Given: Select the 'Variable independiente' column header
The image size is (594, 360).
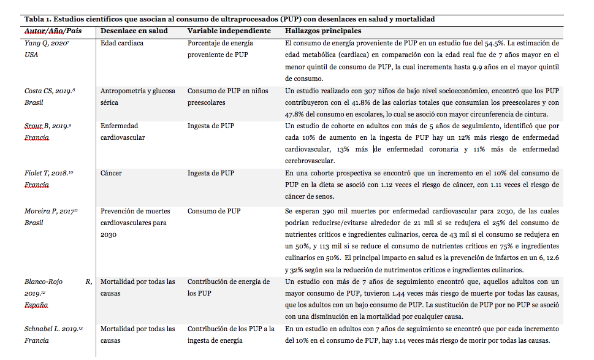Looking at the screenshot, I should point(229,31).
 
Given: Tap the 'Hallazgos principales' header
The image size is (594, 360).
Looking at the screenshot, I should point(323,31).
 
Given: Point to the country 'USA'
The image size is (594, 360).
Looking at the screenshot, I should point(32,55).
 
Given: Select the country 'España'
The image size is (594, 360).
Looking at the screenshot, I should point(36,305).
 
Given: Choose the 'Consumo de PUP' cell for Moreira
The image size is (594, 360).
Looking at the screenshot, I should point(214,211).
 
